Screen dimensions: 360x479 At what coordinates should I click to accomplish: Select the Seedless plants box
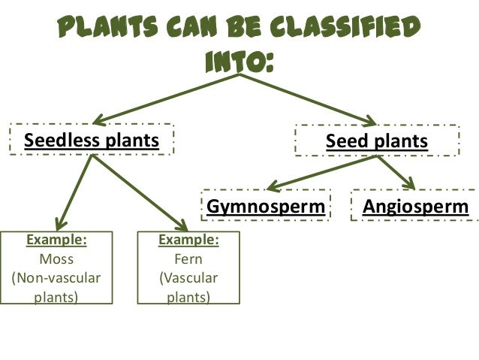tap(92, 141)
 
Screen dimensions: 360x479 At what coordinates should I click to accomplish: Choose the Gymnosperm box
tap(267, 206)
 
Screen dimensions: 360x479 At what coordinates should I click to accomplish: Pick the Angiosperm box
tap(415, 206)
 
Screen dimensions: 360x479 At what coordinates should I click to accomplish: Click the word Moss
tap(56, 259)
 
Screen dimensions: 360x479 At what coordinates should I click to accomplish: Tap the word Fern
tap(188, 259)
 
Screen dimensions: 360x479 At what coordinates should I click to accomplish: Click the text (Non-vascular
tap(56, 278)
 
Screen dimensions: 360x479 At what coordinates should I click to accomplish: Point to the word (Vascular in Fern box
tap(188, 278)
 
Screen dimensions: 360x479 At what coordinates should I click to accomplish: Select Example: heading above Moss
tap(56, 241)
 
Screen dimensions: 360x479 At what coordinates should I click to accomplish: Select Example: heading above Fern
tap(188, 241)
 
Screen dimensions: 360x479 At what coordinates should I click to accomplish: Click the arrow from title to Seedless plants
tap(165, 98)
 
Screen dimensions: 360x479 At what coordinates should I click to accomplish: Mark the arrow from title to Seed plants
tap(308, 98)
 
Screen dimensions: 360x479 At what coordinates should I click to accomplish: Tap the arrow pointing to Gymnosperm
tap(323, 172)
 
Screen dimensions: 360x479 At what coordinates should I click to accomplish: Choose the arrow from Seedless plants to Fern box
tap(139, 192)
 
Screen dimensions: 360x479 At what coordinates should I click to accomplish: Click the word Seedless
tap(64, 141)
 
